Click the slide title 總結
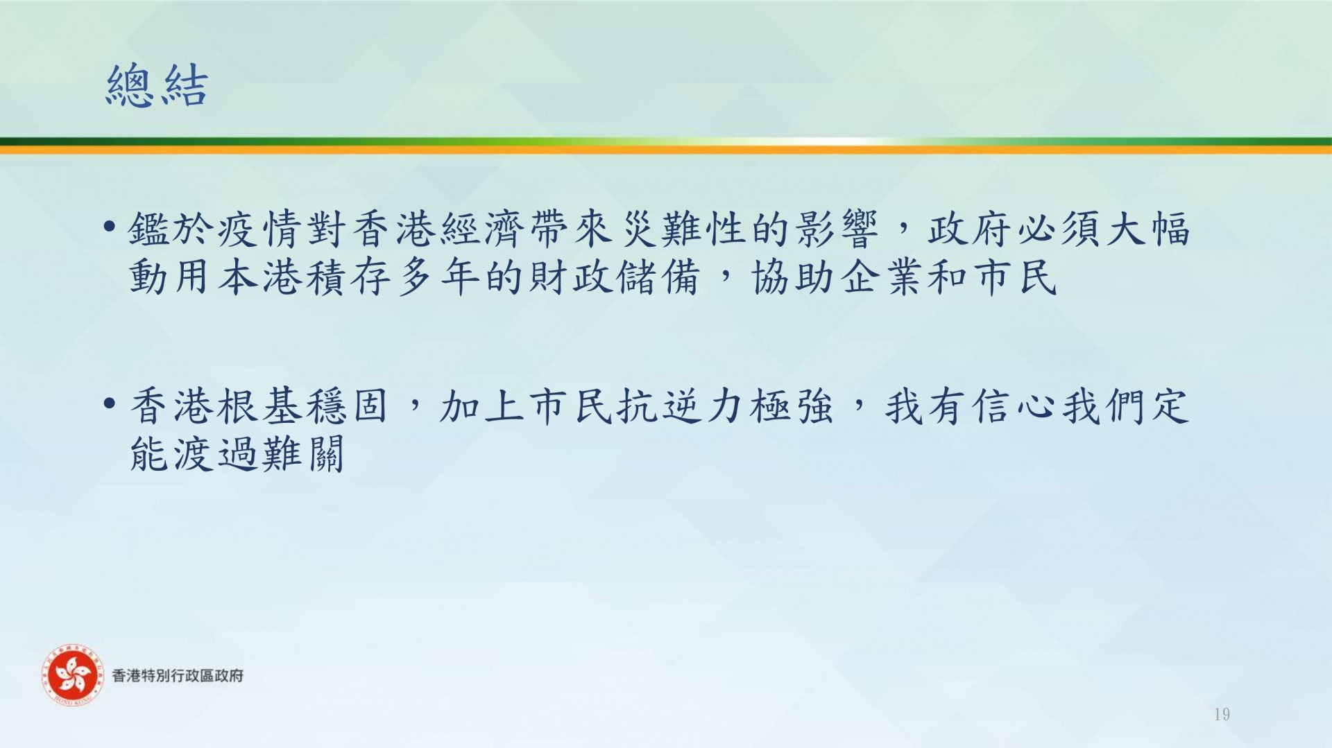pyautogui.click(x=157, y=85)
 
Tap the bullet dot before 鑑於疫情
pyautogui.click(x=108, y=226)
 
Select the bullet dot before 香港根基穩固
pyautogui.click(x=108, y=403)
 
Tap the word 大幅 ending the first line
pyautogui.click(x=1149, y=229)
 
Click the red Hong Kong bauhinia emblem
pyautogui.click(x=71, y=675)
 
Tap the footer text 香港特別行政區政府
pyautogui.click(x=178, y=675)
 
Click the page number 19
pyautogui.click(x=1222, y=714)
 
